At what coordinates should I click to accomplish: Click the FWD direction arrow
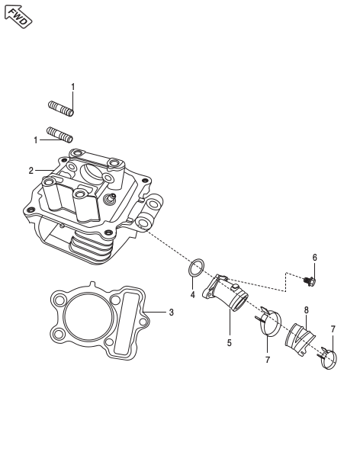(18, 17)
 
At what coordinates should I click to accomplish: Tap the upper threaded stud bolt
(61, 109)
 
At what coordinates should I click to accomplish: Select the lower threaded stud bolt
(59, 135)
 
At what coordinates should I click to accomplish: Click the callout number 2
(31, 171)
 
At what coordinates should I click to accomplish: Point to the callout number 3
(172, 313)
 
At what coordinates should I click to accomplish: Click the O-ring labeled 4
(197, 268)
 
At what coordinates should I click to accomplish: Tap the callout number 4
(192, 295)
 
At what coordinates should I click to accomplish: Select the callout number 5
(230, 343)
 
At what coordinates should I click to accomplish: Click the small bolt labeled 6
(310, 281)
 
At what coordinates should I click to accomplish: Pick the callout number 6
(315, 258)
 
